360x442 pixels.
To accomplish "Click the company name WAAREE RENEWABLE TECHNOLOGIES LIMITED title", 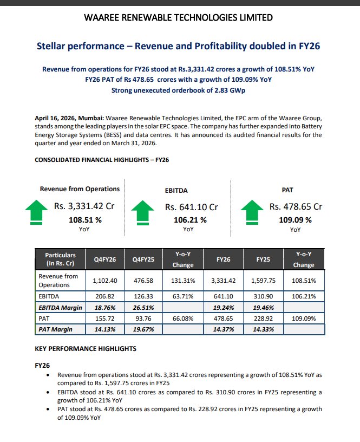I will tap(179, 18).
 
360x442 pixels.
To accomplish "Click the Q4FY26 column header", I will tap(104, 259).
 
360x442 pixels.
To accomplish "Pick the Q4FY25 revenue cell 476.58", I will tap(143, 281).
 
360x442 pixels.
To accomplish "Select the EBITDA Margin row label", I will tap(60, 307).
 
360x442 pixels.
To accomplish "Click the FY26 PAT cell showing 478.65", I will tap(223, 318).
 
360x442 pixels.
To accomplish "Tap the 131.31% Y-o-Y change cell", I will tap(183, 281).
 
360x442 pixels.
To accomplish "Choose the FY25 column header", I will tap(263, 259).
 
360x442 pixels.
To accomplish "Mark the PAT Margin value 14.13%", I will tap(105, 329).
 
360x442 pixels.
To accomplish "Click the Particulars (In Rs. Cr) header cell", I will tap(60, 259).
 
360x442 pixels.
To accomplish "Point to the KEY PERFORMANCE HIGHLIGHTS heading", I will tap(86, 348).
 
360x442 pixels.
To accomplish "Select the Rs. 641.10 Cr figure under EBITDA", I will tap(191, 207).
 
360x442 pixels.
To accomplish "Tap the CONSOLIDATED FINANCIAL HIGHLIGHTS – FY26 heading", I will tap(102, 160).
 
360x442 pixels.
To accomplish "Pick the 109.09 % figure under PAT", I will tap(295, 220).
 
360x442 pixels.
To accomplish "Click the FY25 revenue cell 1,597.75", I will tap(263, 281).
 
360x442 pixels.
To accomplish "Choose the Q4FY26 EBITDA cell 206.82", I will tap(105, 297).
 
